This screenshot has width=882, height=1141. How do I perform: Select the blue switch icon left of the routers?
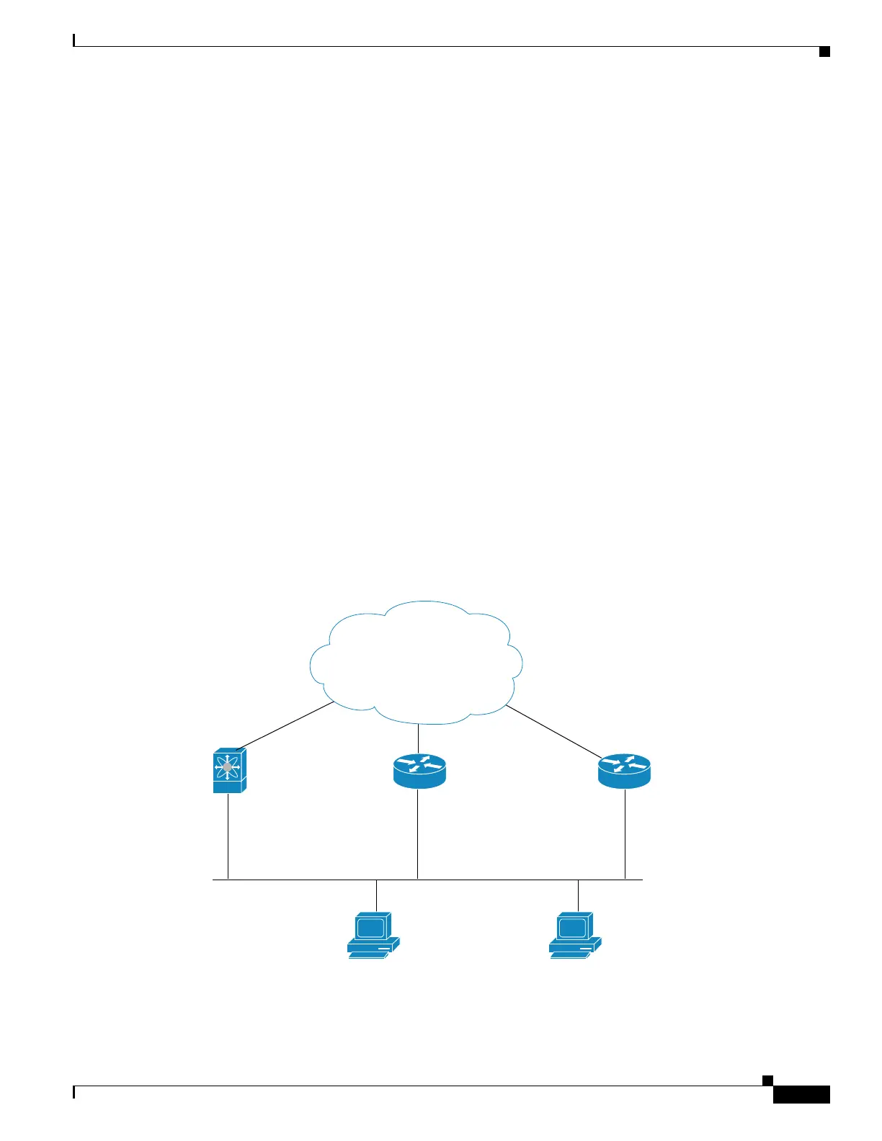[229, 770]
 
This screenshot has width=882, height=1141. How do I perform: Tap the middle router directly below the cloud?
[419, 771]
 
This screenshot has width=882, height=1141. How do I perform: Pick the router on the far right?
[624, 771]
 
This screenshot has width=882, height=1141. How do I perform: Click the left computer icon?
[373, 935]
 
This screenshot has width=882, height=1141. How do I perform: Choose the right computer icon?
[574, 935]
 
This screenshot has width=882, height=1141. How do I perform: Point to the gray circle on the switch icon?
[228, 767]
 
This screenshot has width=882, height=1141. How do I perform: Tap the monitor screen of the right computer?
[572, 927]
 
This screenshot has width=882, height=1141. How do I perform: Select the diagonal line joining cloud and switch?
[285, 726]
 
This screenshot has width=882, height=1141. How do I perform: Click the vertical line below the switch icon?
[228, 836]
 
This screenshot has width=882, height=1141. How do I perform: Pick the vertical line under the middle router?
[417, 834]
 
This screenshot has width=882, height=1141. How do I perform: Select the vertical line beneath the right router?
[625, 834]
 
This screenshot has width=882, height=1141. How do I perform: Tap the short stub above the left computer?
[376, 895]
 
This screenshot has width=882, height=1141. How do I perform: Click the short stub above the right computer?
[578, 895]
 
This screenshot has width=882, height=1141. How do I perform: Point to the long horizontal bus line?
[490, 880]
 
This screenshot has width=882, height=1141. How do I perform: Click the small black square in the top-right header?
[824, 51]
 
